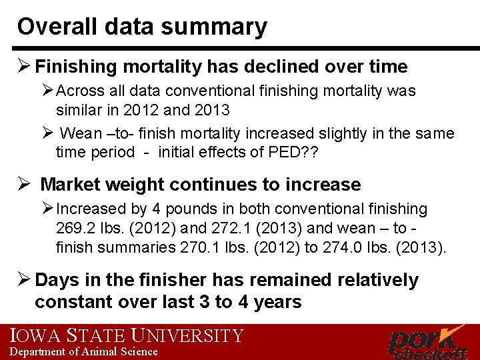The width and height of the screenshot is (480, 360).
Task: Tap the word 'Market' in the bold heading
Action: [x=73, y=185]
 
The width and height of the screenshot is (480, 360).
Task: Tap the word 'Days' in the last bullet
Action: [x=56, y=280]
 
